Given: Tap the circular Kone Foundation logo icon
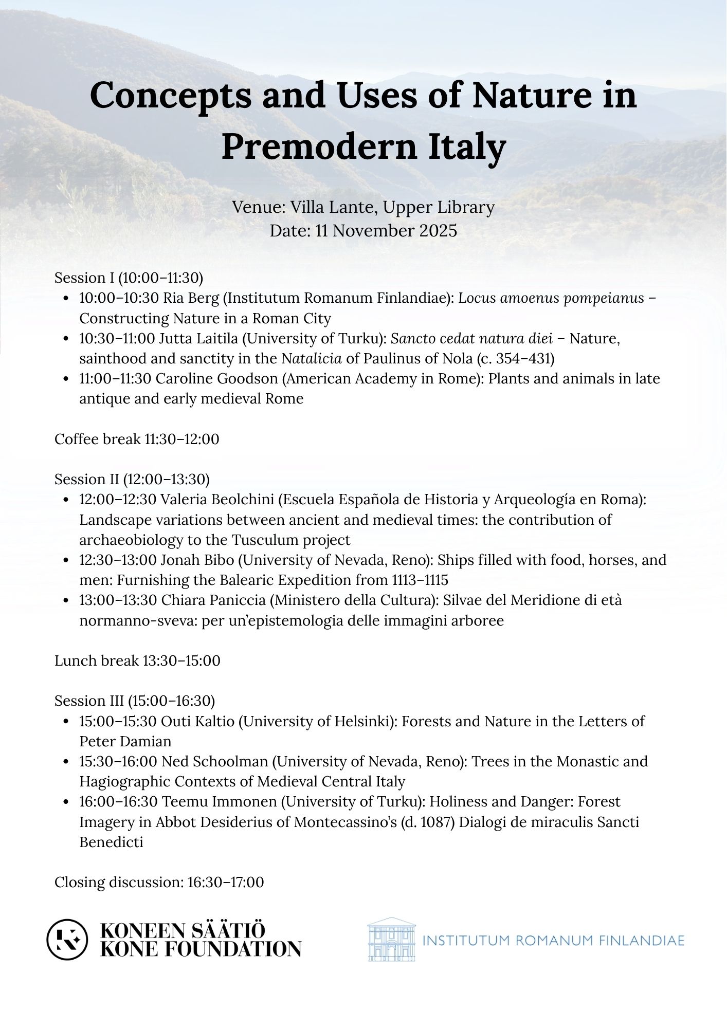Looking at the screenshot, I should (67, 939).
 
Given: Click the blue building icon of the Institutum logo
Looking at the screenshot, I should (391, 939).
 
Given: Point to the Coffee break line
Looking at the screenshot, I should (137, 439).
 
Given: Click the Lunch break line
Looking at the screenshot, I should (137, 660).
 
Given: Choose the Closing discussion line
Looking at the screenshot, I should (159, 882).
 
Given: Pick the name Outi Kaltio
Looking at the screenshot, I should (197, 722).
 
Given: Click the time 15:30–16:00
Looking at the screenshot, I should (118, 762).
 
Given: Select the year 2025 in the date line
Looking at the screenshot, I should (438, 231).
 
